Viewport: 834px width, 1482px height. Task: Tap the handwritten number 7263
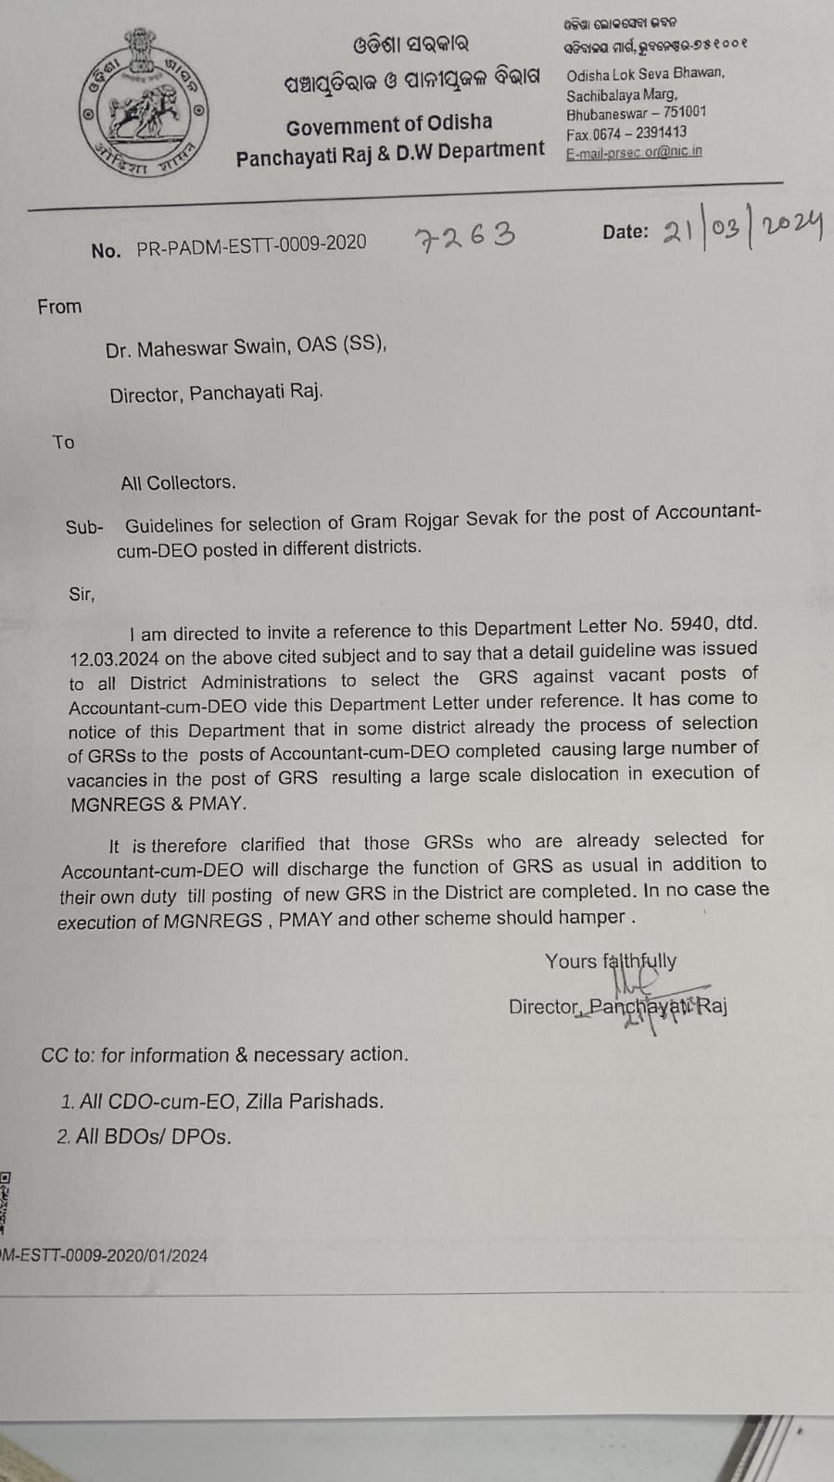[x=464, y=236]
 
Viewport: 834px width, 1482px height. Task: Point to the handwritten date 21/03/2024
[x=742, y=230]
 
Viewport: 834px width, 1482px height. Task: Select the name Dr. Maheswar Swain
[x=196, y=349]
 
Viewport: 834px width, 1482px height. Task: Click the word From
[x=59, y=307]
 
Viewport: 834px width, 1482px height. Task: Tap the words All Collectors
[x=178, y=483]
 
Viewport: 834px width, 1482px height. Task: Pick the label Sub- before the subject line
[x=83, y=527]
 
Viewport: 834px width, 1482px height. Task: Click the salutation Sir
[x=82, y=594]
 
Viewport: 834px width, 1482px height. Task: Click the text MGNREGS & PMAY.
[x=158, y=804]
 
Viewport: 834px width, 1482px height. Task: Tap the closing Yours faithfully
[x=611, y=961]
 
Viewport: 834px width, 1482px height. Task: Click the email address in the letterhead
[x=634, y=152]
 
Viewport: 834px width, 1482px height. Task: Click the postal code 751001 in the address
[x=685, y=112]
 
